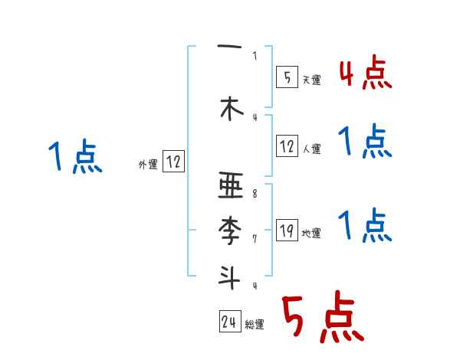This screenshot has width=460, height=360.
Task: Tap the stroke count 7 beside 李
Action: tap(255, 239)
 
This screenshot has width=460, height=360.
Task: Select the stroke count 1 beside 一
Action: tap(255, 55)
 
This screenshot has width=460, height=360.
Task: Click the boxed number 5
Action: tap(287, 77)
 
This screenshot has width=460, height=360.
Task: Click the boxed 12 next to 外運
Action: tap(173, 162)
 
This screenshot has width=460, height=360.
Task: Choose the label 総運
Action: tap(255, 326)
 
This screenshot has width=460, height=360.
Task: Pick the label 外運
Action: tap(148, 165)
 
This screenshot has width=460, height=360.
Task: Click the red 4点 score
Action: tap(364, 74)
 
